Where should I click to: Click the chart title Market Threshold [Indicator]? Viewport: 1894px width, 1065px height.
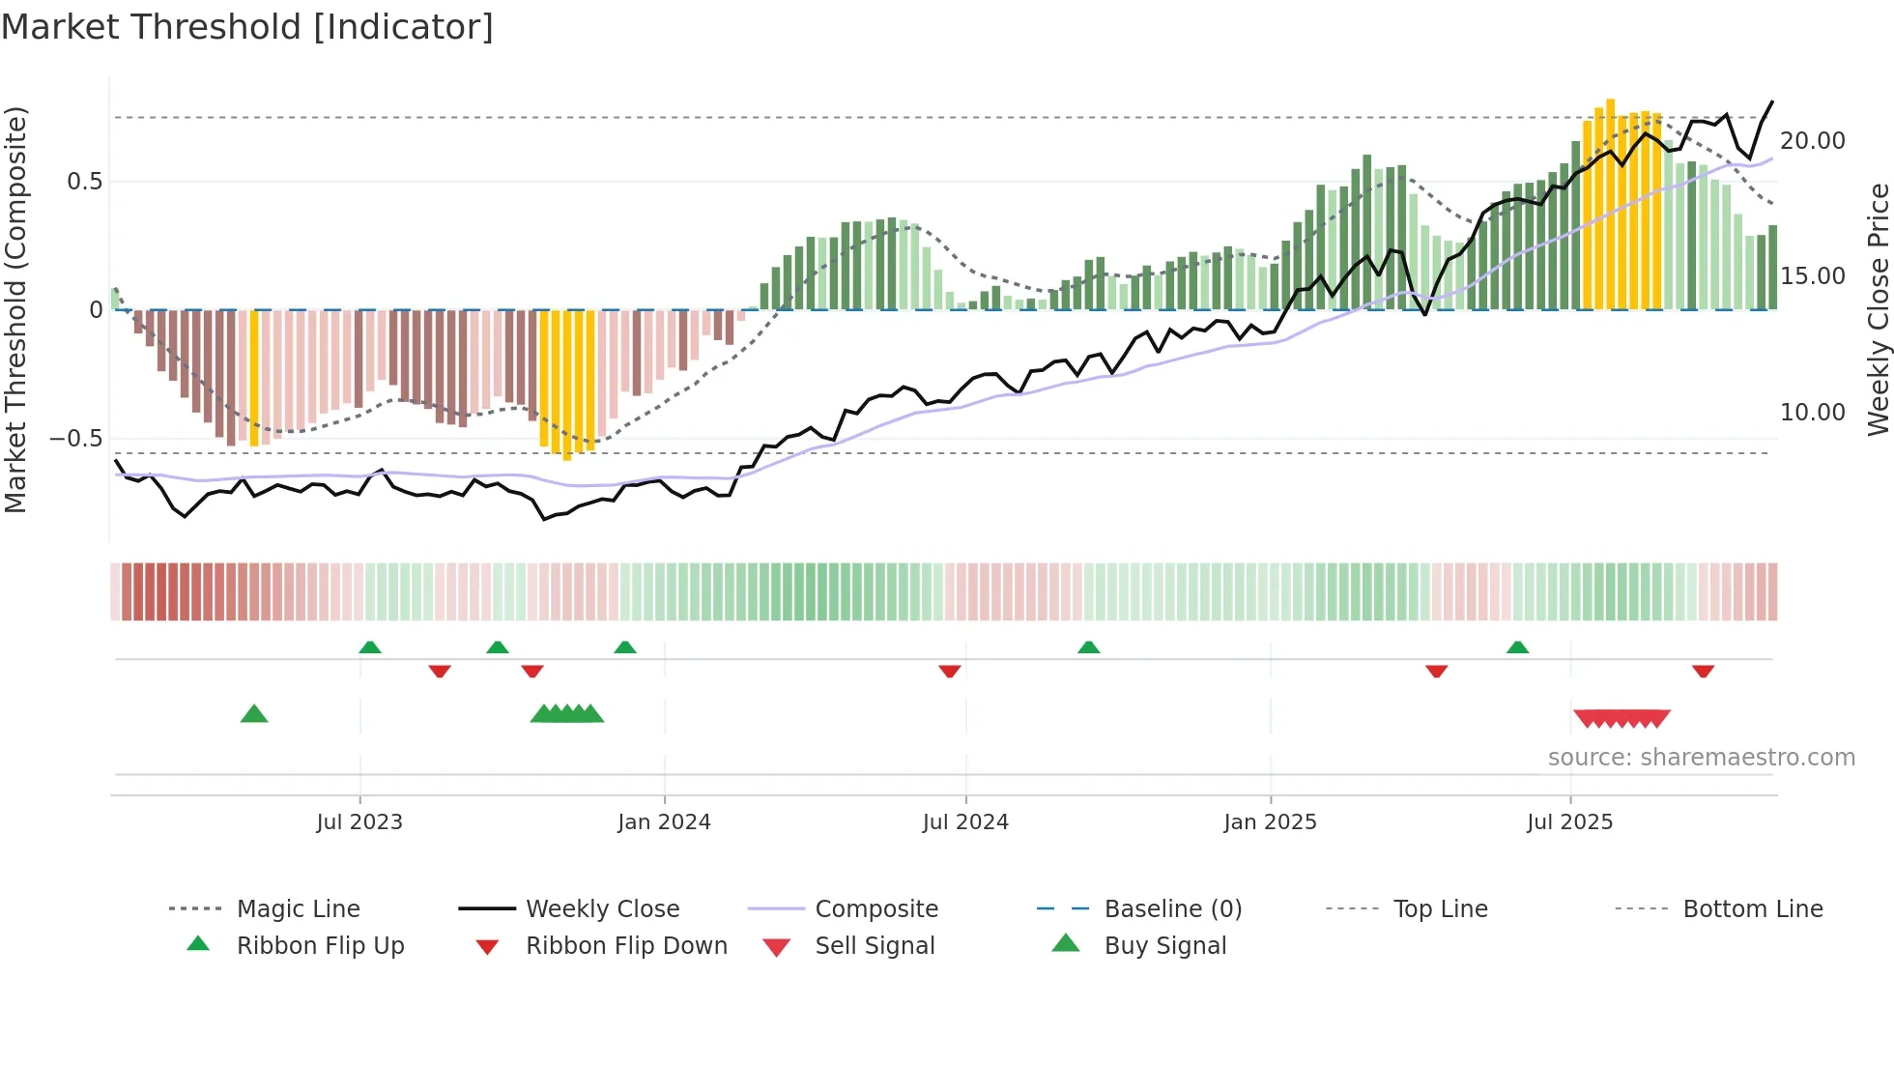[x=247, y=27]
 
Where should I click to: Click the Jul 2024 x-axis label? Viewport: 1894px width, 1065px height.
[x=965, y=822]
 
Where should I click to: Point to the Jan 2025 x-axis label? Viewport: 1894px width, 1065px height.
[x=1270, y=822]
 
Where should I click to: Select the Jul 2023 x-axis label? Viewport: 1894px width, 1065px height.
[x=359, y=822]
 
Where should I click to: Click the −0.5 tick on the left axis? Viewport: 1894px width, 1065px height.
[x=75, y=439]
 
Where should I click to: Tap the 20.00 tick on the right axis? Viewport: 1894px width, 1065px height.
[x=1812, y=141]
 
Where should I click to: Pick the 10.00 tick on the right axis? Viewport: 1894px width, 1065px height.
[x=1812, y=413]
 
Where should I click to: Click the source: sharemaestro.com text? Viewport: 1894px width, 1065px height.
[x=1701, y=758]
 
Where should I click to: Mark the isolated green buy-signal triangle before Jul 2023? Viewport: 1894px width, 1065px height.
[x=254, y=714]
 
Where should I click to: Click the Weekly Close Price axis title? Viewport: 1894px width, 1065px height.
[x=1878, y=309]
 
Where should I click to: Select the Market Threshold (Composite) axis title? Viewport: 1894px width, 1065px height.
[x=15, y=309]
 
